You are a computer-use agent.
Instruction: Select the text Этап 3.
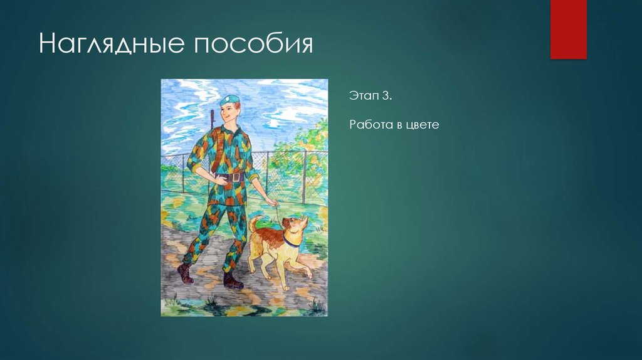(x=370, y=98)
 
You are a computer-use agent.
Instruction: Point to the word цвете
(x=423, y=125)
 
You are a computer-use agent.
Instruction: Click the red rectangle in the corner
(x=568, y=29)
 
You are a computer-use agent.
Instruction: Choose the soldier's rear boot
(x=185, y=273)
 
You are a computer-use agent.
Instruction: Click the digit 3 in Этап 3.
(x=387, y=98)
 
